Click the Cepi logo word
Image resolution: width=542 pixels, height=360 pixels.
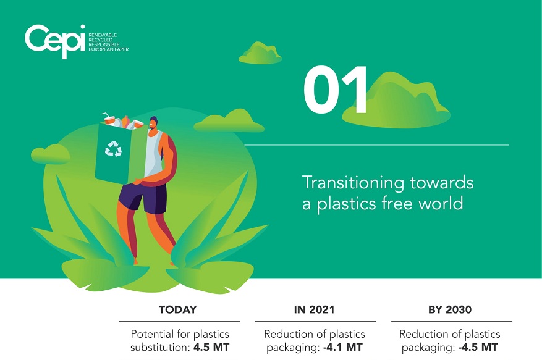(x=55, y=41)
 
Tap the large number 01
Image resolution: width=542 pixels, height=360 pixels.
(x=336, y=90)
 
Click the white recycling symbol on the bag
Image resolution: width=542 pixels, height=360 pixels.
(x=113, y=149)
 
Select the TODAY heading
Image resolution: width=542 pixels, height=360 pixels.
(x=177, y=309)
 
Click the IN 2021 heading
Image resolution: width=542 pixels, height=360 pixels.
(x=314, y=309)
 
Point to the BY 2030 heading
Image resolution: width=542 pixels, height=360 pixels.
(x=450, y=309)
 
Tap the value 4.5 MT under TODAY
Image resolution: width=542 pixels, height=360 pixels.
(x=211, y=347)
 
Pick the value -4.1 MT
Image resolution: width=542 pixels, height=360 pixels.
(x=343, y=347)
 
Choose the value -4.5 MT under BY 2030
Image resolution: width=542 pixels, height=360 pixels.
(x=478, y=347)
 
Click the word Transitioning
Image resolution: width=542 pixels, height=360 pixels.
(x=353, y=183)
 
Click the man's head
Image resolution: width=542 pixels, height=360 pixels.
(x=153, y=123)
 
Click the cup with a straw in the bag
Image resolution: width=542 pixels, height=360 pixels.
(x=109, y=119)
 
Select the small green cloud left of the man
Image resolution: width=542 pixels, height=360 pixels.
(x=51, y=154)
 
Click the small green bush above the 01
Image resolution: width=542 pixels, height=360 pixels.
(x=260, y=53)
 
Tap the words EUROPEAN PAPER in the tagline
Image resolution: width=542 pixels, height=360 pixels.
(x=109, y=49)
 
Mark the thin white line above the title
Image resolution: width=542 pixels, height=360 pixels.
(x=376, y=145)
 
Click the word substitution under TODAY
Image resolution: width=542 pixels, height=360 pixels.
(x=159, y=347)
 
